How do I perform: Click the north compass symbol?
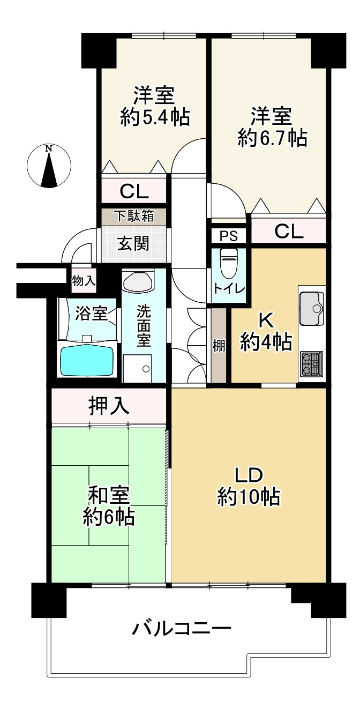[49, 165]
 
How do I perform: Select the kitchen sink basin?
[312, 308]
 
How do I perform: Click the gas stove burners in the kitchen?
[312, 363]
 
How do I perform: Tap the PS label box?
[229, 235]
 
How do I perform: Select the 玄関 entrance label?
[133, 244]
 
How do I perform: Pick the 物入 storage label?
[84, 280]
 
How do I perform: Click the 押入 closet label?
[109, 406]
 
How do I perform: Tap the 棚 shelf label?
[219, 346]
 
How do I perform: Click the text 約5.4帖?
[155, 117]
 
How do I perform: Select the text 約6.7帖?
[273, 138]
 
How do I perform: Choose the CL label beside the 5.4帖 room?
[134, 191]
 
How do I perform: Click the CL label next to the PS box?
[289, 232]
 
